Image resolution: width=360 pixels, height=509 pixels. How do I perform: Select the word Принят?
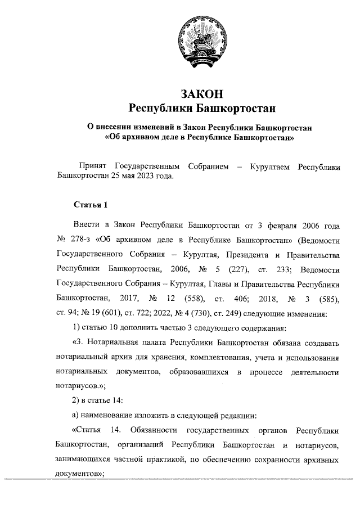[94, 166]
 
